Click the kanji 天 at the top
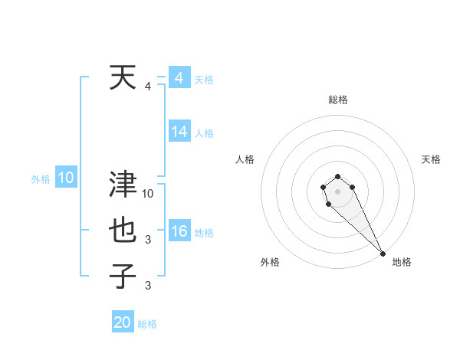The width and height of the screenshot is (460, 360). coord(123,77)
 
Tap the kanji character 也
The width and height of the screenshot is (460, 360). coord(123,231)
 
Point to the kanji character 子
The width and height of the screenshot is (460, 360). coord(123,277)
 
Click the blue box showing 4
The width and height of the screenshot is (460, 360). coord(179,78)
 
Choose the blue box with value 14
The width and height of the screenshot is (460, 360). coord(179,132)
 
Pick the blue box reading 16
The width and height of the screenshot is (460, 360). coord(179,231)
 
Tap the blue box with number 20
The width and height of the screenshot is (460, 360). coord(123,322)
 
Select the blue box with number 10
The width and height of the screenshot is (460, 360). coord(65,178)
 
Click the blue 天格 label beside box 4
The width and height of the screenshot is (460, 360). coord(204,80)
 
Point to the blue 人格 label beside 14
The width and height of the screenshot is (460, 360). coord(204,133)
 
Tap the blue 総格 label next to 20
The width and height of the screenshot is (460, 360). coord(147,324)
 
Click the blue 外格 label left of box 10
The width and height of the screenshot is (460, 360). coord(41,180)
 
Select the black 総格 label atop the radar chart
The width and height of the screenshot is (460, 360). coord(338,100)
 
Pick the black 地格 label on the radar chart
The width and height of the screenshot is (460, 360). coord(402,262)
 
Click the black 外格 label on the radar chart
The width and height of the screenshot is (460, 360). coord(270,262)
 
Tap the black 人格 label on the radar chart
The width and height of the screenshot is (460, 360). coord(245,159)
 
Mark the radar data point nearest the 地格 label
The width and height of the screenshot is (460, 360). coord(383,254)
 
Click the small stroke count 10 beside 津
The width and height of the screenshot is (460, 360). coord(149,194)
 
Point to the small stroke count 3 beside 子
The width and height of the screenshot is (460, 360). coord(149,286)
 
